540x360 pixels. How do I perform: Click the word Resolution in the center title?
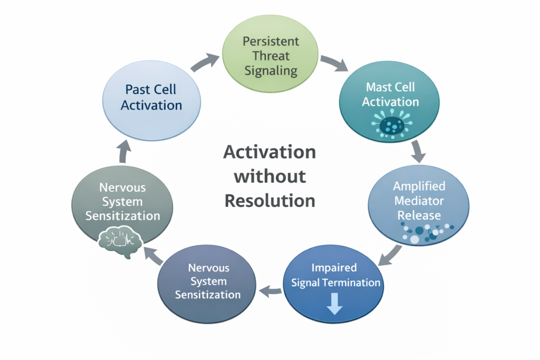click(269, 200)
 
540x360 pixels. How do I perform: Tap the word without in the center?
click(269, 176)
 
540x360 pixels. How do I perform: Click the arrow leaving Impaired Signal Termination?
click(271, 288)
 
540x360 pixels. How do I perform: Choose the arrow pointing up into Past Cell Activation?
click(124, 152)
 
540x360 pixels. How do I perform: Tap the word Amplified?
click(419, 186)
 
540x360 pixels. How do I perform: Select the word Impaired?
click(334, 267)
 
